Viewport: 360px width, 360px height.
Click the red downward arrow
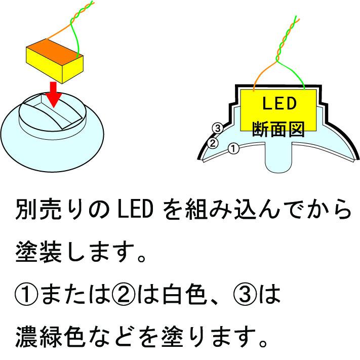pos(54,94)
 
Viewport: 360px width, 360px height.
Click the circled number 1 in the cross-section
pos(233,148)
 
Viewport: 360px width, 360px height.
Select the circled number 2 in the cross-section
pos(213,143)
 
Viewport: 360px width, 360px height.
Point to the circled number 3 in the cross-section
pos(217,128)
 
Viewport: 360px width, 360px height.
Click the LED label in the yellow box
pos(279,103)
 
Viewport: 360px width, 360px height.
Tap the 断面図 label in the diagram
pos(278,129)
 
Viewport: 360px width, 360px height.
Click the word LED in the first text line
pos(135,209)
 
